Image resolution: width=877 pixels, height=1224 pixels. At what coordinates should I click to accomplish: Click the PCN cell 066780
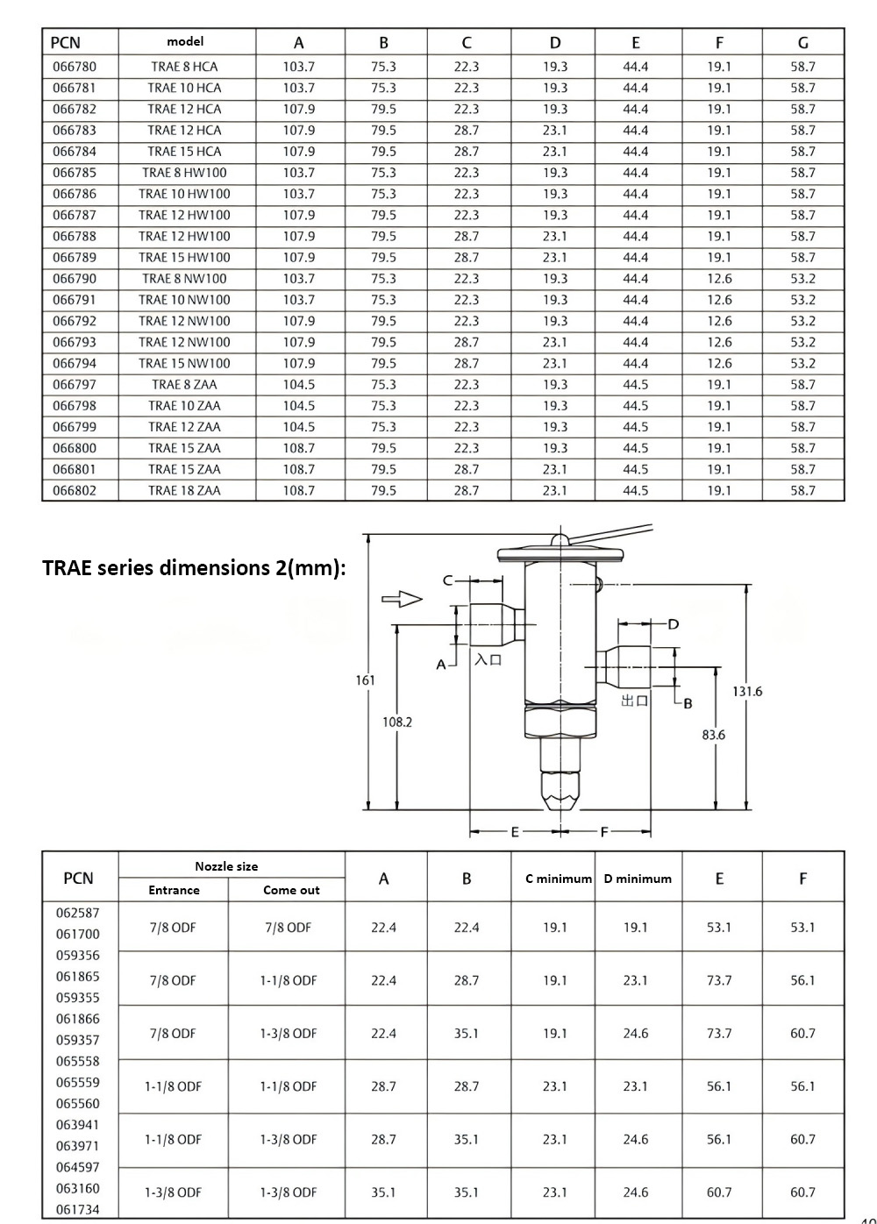[x=75, y=67]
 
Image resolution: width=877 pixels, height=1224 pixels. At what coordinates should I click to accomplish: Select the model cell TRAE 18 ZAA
[x=184, y=490]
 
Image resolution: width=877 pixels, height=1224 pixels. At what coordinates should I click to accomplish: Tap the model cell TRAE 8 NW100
[x=184, y=279]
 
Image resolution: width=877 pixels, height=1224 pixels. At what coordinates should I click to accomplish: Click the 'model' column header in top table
[x=185, y=41]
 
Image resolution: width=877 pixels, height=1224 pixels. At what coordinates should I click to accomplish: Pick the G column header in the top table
[x=802, y=42]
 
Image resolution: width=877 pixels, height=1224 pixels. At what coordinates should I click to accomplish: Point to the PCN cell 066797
[x=75, y=384]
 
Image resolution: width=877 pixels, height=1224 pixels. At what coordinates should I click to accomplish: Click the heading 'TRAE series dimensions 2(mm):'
[x=194, y=568]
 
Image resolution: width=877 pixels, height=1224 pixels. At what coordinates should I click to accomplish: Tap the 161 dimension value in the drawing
[x=366, y=680]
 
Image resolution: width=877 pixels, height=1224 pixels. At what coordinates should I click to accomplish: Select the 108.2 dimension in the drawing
[x=397, y=722]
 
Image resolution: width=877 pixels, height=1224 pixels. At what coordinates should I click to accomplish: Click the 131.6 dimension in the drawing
[x=747, y=691]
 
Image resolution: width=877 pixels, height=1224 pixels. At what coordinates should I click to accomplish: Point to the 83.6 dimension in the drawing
[x=714, y=735]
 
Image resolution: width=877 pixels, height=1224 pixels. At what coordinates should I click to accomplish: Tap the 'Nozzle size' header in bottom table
[x=226, y=866]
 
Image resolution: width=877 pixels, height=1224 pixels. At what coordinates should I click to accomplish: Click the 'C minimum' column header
[x=559, y=879]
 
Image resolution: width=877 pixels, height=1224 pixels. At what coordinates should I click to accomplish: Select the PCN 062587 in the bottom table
[x=78, y=913]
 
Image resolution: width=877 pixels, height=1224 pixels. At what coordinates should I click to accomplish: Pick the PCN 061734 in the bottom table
[x=78, y=1209]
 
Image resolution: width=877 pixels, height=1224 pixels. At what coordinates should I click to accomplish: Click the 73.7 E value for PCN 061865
[x=719, y=980]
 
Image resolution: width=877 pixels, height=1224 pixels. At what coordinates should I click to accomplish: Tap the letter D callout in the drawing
[x=674, y=624]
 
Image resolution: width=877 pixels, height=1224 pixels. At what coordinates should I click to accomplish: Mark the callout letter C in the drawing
[x=447, y=580]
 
